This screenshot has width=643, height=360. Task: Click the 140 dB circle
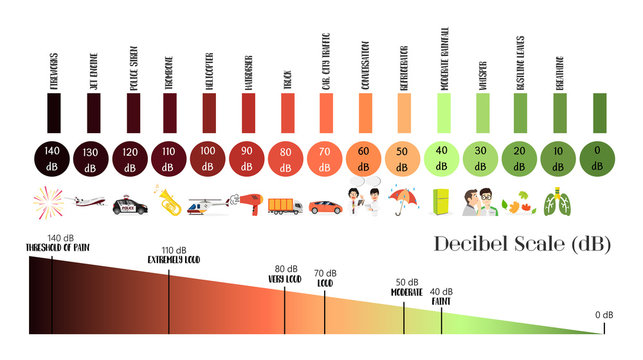52,156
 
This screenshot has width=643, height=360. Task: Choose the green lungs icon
556,201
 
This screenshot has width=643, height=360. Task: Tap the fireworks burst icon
50,204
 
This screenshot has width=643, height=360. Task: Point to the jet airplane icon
89,203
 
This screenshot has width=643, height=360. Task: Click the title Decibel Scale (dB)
522,245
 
